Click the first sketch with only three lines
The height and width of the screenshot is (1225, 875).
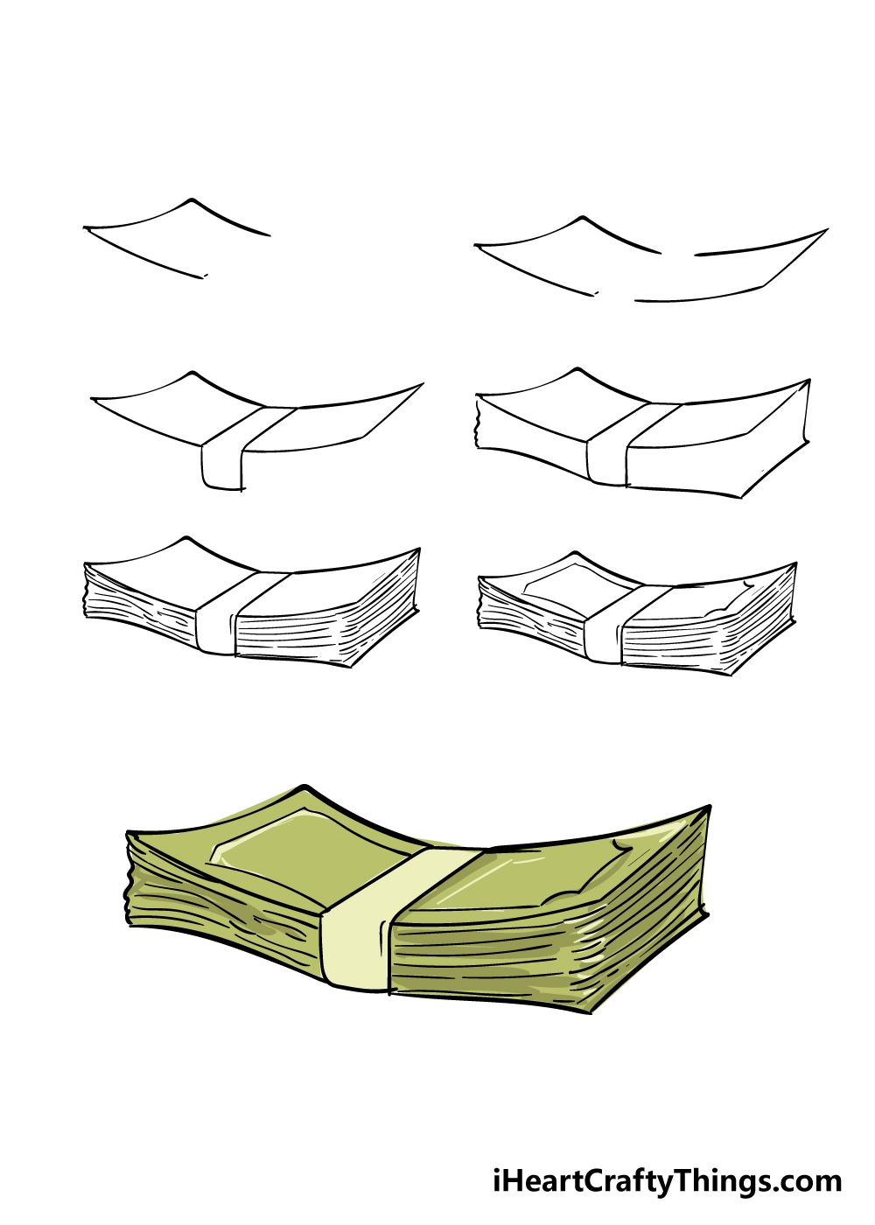click(x=176, y=237)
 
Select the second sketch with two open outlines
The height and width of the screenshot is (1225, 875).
click(x=651, y=259)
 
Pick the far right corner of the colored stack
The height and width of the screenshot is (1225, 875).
click(x=710, y=806)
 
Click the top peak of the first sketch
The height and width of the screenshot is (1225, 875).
click(x=191, y=199)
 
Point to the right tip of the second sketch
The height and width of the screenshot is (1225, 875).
click(x=827, y=229)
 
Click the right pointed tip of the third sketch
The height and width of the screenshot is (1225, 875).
click(x=423, y=384)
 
